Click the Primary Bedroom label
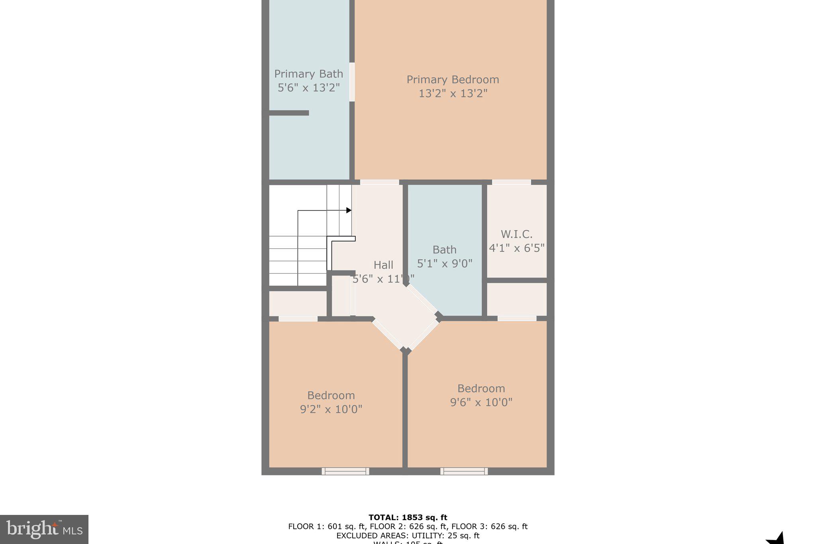pos(453,80)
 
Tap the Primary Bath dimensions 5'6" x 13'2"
pos(309,88)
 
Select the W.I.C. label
pos(516,234)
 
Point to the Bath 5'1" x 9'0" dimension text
pos(445,263)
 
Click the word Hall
pos(383,265)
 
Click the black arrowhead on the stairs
pos(349,210)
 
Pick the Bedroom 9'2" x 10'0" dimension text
pos(331,409)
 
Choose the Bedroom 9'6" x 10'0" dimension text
pos(481,402)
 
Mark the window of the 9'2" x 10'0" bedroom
pos(345,471)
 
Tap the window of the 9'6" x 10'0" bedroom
pos(464,471)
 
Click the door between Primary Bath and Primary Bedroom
pos(352,82)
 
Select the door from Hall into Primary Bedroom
pos(380,182)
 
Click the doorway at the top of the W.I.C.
pos(512,182)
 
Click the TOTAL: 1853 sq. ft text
pos(408,518)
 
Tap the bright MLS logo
pos(44,529)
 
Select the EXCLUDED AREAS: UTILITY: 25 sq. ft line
pos(408,536)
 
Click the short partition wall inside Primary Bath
pos(289,113)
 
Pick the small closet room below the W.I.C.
pos(517,299)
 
